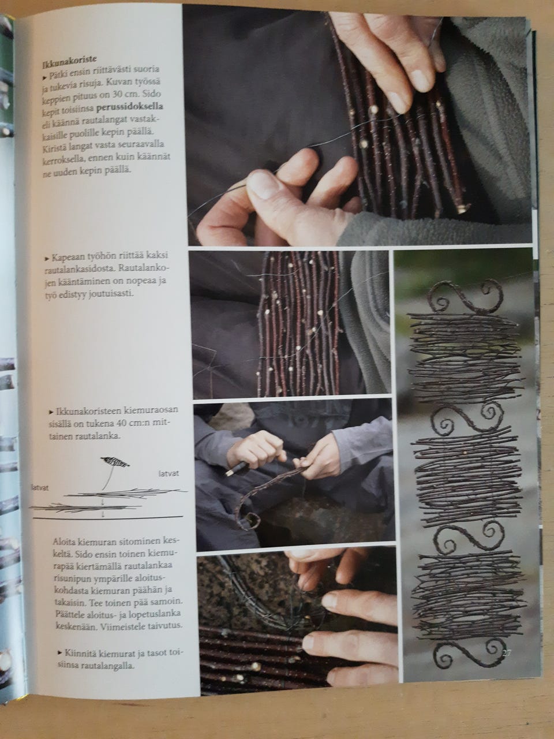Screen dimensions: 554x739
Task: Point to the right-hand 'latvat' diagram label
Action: pyautogui.click(x=169, y=473)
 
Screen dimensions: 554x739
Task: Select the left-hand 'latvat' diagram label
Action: pyautogui.click(x=41, y=487)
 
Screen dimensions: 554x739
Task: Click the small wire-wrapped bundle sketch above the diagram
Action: pyautogui.click(x=115, y=462)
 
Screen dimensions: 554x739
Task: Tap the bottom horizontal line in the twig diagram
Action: pyautogui.click(x=108, y=518)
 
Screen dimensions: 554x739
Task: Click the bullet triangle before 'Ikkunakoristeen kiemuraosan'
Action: pyautogui.click(x=51, y=412)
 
